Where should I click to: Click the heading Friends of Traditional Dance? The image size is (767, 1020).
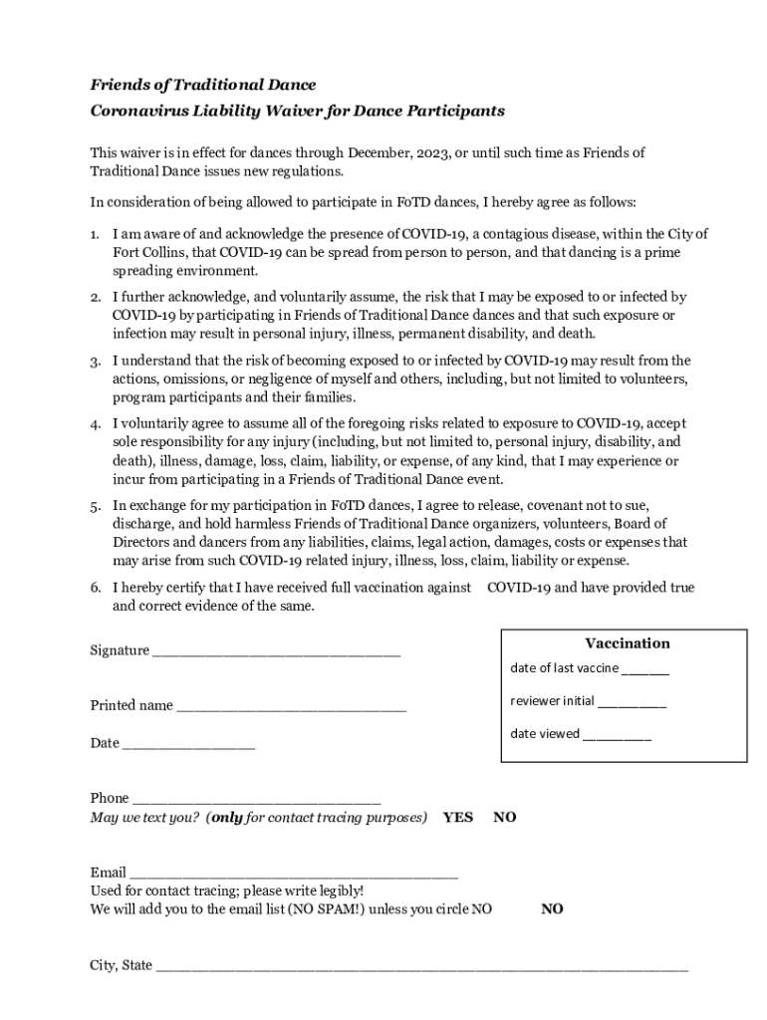203,85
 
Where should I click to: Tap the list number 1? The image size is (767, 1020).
95,234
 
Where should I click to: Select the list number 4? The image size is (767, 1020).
95,424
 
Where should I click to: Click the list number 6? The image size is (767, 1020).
95,588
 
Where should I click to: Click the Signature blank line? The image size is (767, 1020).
276,652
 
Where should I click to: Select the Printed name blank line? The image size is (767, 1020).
291,707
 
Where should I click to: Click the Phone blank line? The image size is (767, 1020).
257,799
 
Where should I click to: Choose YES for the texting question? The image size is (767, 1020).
458,818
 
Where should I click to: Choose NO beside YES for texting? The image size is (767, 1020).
505,818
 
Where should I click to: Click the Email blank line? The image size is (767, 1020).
294,874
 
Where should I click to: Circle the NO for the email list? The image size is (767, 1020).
552,909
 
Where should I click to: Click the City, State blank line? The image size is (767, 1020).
422,966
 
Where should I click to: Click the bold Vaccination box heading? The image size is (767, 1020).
627,643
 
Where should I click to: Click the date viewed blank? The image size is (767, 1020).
618,735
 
